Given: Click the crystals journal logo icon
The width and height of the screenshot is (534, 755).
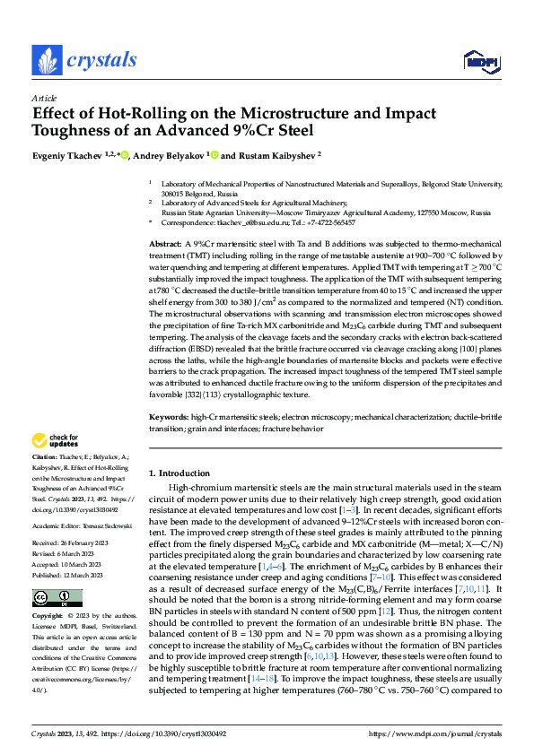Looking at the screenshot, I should coord(46,60).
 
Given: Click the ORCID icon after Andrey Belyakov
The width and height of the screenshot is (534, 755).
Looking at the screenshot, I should coord(214,154).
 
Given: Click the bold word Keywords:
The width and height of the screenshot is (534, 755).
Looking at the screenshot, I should coord(168,418).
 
